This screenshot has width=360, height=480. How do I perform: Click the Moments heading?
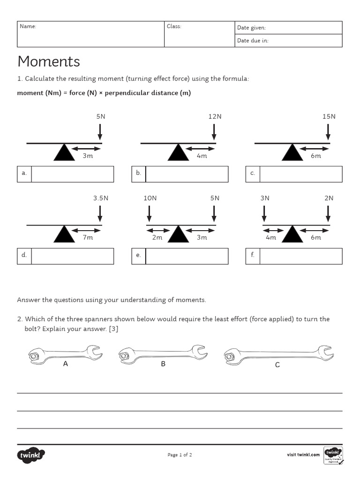49,61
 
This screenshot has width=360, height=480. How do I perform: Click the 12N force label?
215,116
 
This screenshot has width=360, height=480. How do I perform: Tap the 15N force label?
329,116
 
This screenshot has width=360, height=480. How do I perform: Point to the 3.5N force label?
100,198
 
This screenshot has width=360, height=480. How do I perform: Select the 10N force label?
150,198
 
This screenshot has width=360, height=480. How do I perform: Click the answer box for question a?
72,174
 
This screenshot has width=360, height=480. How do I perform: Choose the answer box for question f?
300,256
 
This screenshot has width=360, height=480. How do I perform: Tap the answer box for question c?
300,174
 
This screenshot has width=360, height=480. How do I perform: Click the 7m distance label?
88,238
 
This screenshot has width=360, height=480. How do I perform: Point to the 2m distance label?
157,238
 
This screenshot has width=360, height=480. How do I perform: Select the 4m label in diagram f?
271,238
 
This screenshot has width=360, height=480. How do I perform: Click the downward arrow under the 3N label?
264,213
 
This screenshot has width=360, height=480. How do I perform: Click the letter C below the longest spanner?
277,365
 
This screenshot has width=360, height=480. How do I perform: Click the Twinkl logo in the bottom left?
31,455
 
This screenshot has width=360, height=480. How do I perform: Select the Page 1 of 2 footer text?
180,455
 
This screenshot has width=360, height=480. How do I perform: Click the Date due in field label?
253,41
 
